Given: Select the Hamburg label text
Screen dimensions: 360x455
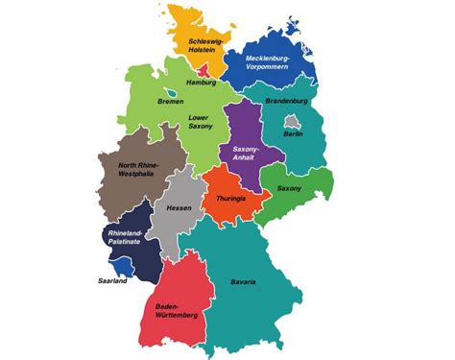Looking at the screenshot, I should click(x=202, y=84).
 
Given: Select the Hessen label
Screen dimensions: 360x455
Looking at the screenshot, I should click(x=179, y=207).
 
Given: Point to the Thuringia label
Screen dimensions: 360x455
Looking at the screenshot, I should click(x=231, y=198).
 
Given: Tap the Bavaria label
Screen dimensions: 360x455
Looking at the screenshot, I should click(x=243, y=281).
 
